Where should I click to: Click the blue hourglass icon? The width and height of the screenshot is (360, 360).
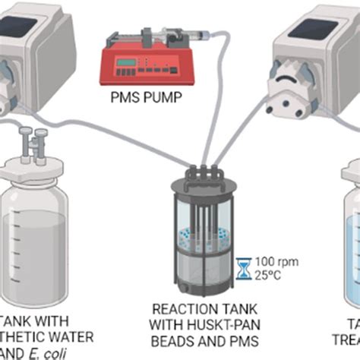[x=245, y=267]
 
